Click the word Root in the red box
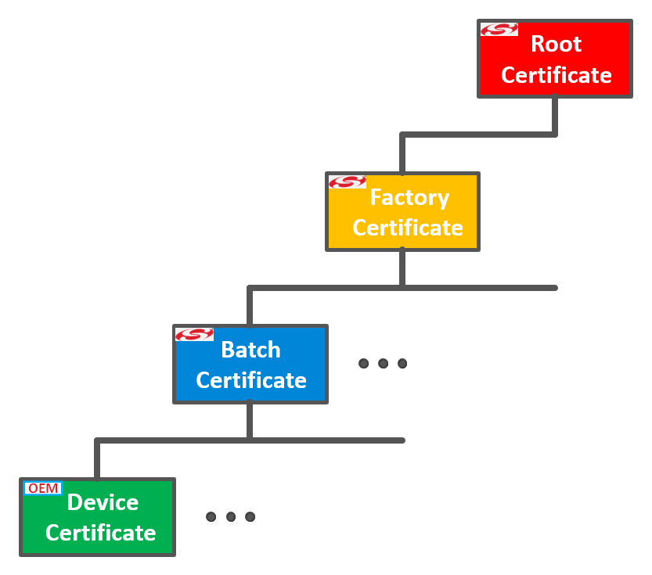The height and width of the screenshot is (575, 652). point(556,44)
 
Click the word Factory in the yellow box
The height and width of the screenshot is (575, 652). point(409,197)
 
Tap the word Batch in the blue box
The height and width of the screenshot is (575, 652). point(250,350)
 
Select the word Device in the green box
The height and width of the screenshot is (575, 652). point(103,502)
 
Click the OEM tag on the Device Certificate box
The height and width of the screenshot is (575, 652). point(43,488)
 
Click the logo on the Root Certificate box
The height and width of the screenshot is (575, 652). point(499,30)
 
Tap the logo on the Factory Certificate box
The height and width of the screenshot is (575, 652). point(348,181)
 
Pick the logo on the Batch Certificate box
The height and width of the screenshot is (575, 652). point(194,334)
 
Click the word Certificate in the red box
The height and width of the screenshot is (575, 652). point(556,75)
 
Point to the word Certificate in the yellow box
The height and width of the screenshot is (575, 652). point(407,228)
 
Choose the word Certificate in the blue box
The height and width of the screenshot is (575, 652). point(250,380)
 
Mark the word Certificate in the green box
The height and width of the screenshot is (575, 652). point(100,533)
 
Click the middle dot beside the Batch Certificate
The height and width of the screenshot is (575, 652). point(383,363)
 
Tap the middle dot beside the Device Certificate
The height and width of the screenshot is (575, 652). point(231,516)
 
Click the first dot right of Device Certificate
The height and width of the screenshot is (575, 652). point(211,516)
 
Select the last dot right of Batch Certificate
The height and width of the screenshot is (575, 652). point(402,363)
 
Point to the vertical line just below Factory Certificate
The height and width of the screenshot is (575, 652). point(402,268)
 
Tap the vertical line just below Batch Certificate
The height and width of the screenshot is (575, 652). point(250,420)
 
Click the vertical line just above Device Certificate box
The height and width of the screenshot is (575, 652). point(97,460)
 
